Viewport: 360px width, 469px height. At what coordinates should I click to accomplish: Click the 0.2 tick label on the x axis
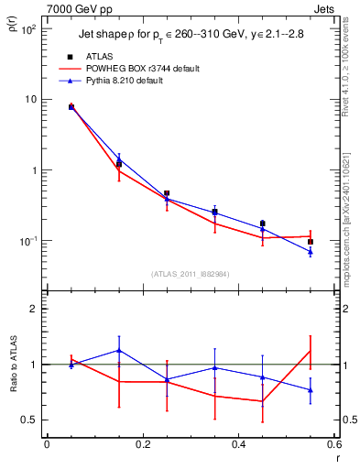(142, 446)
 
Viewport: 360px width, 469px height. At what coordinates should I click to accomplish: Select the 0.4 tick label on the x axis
(238, 446)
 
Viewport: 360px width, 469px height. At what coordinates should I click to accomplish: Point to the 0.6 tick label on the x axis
(333, 446)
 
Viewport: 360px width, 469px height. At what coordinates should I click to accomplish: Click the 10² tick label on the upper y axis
(27, 30)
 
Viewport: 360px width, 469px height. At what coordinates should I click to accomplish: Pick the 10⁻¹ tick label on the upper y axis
(27, 241)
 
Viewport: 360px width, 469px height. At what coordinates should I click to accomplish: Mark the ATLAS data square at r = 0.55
(311, 242)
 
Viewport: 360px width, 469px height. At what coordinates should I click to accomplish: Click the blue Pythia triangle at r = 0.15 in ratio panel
(119, 350)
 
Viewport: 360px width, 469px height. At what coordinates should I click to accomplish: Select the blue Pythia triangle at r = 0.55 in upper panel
(311, 252)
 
